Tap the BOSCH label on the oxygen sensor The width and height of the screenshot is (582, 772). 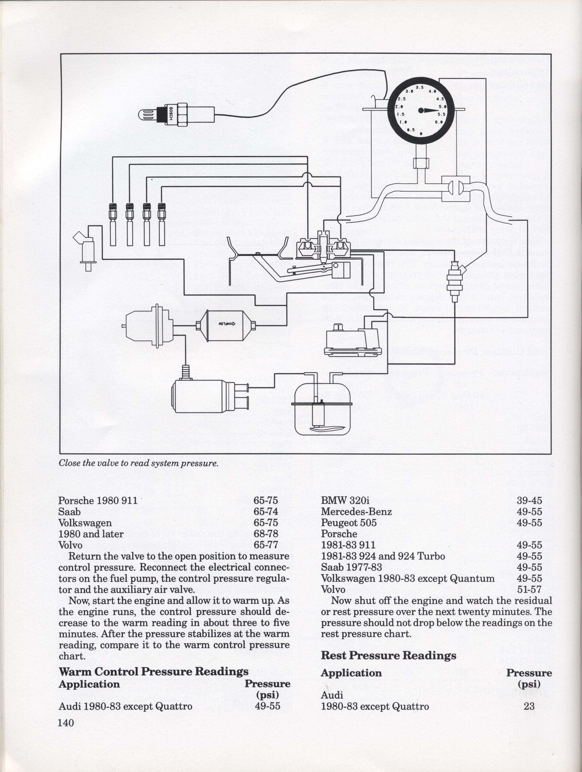point(171,113)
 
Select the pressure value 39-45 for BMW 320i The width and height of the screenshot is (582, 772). point(529,500)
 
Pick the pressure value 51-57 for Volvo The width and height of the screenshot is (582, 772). point(529,590)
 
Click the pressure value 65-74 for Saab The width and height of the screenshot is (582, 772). point(266,512)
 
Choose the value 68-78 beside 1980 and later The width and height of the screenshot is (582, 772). point(266,534)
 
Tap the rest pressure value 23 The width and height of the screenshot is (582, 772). point(529,706)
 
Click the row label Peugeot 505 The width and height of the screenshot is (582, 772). point(349,523)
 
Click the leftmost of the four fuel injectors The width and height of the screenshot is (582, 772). point(113,224)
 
